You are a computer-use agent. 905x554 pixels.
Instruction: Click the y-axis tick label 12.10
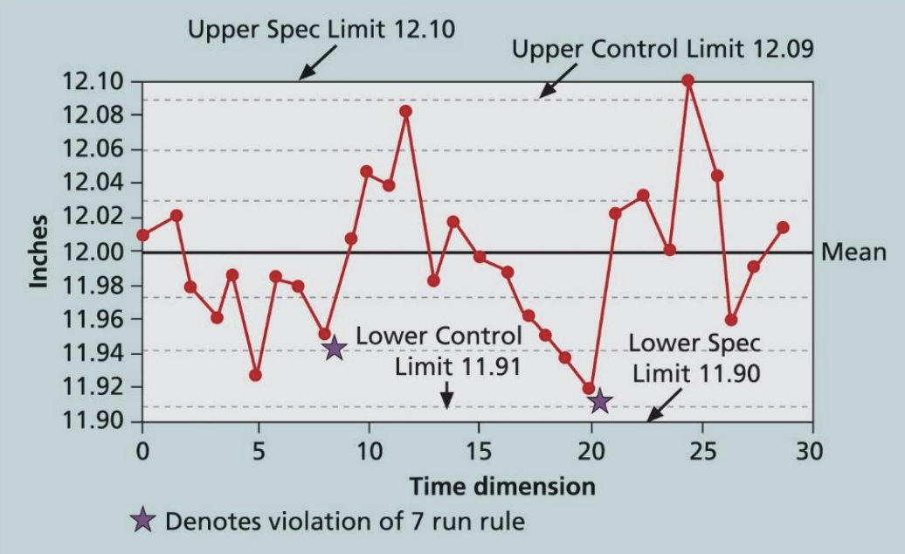[94, 82]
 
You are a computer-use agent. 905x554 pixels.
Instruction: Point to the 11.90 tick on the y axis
[94, 421]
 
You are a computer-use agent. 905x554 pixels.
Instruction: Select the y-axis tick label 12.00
[94, 252]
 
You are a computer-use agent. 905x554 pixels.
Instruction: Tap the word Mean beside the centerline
[854, 252]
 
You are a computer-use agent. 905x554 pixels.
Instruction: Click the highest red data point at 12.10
[688, 80]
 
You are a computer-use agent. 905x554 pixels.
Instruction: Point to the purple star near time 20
[599, 402]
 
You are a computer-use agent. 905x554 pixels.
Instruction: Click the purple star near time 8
[334, 349]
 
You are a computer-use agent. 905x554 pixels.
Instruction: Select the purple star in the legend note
[142, 522]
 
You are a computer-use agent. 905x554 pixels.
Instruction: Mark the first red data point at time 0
[143, 234]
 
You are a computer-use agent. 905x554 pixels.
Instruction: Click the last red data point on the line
[783, 227]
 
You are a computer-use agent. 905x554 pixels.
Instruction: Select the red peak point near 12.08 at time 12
[405, 111]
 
